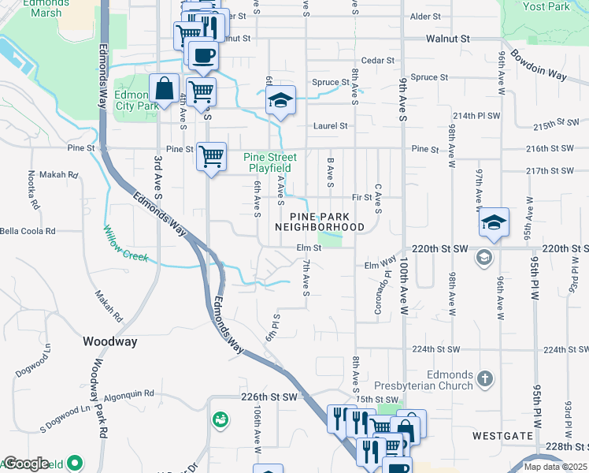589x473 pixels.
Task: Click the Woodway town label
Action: (110, 341)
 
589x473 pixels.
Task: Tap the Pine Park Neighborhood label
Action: (320, 222)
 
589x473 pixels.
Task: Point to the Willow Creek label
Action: (126, 244)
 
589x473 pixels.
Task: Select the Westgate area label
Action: (498, 434)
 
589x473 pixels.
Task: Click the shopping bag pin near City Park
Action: (164, 90)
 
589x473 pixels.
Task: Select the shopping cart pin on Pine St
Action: (211, 157)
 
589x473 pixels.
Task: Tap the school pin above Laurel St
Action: (280, 101)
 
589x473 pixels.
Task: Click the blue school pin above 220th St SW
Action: (494, 223)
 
